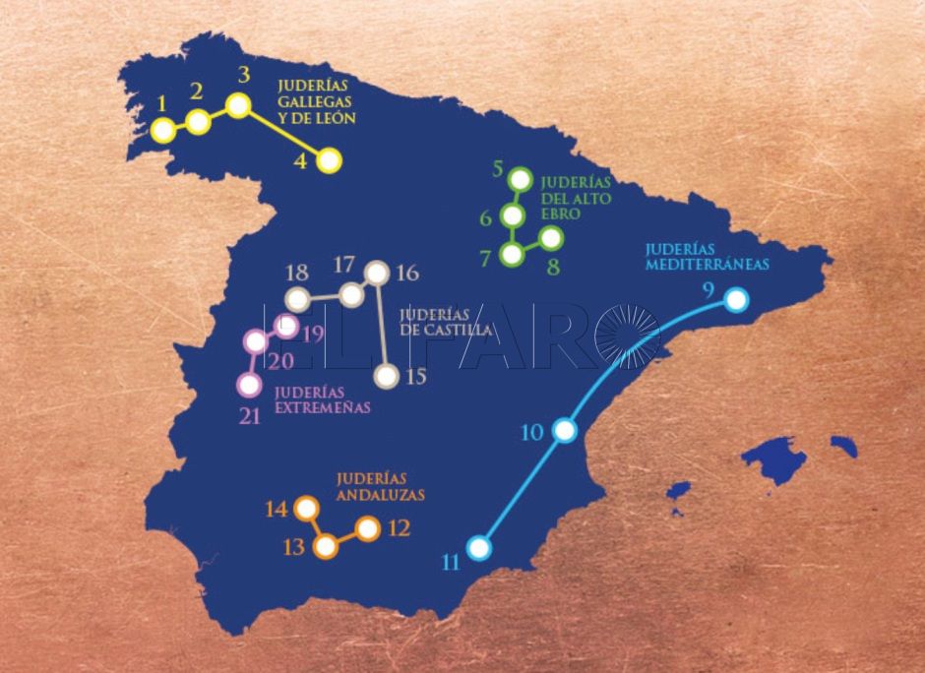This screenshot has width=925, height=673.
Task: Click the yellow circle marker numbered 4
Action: click(x=328, y=160)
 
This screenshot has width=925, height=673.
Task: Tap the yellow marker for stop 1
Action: click(x=163, y=130)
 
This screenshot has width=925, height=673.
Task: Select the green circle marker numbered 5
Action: click(x=521, y=179)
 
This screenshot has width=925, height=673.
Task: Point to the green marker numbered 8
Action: click(x=551, y=237)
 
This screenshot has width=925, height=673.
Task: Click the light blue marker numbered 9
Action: click(x=735, y=300)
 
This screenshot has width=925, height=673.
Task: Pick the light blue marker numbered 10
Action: click(x=565, y=430)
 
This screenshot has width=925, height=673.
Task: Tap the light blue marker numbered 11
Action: click(x=478, y=547)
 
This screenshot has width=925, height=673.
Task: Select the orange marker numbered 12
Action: click(x=367, y=528)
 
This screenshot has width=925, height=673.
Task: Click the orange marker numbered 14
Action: click(x=306, y=509)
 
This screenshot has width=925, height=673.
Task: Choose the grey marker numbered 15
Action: click(x=388, y=375)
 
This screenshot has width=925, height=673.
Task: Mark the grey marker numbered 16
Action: click(x=377, y=273)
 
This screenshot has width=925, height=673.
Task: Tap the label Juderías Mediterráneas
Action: click(x=707, y=257)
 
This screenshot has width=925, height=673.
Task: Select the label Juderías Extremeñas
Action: click(x=322, y=398)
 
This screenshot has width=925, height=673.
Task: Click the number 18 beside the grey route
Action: click(x=296, y=273)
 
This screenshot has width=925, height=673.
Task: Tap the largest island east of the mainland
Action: click(x=774, y=459)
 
